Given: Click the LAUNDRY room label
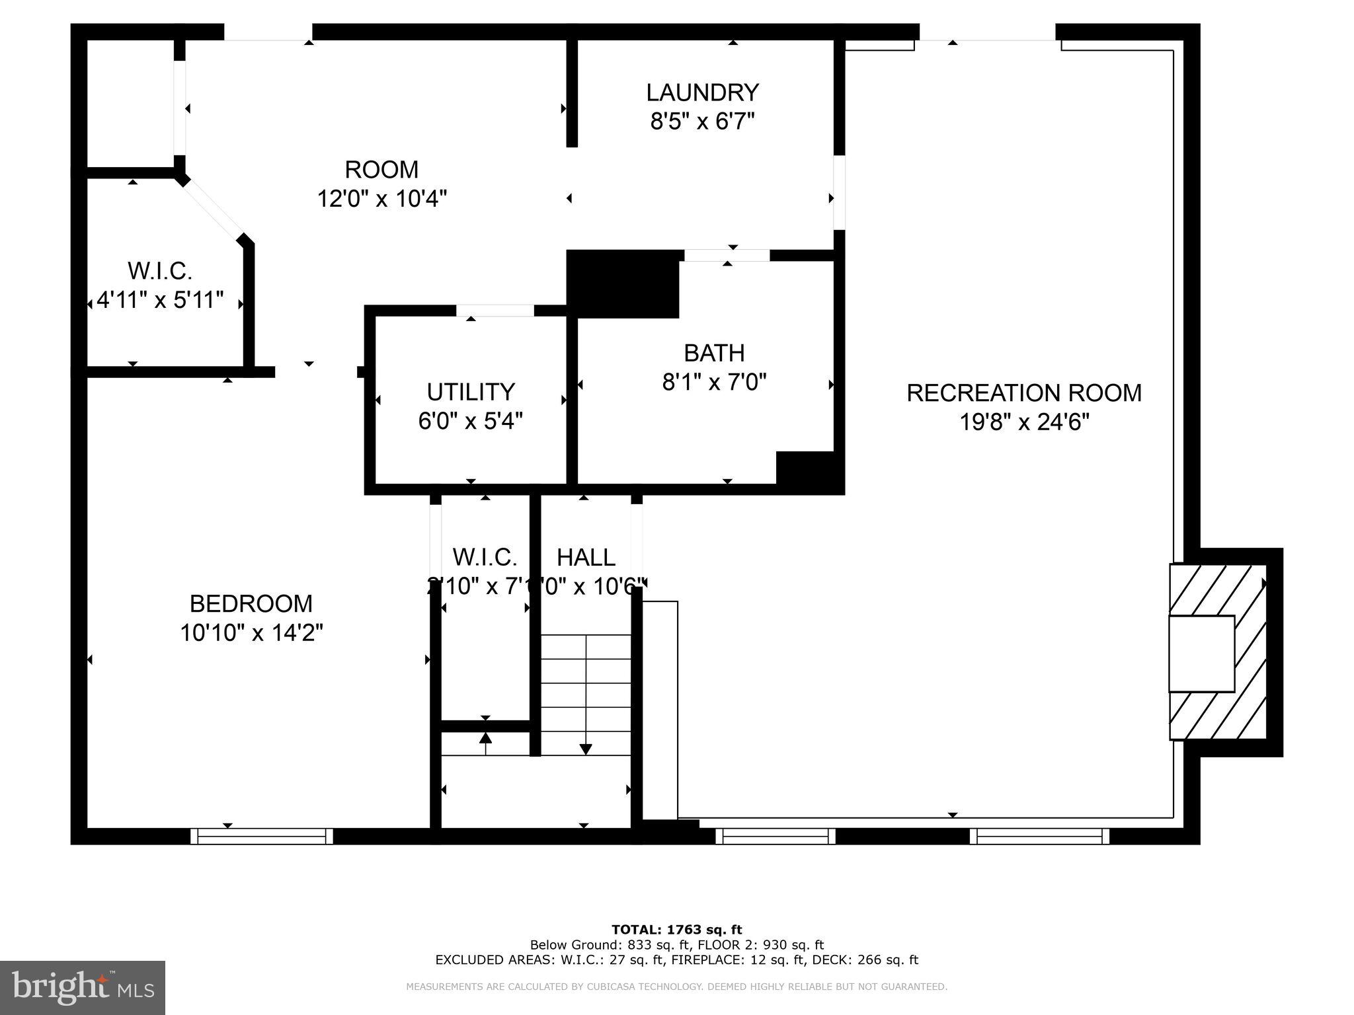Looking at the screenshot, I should tap(702, 93).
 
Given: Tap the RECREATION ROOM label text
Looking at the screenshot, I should tap(1023, 393).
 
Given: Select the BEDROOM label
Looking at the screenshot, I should tap(251, 603).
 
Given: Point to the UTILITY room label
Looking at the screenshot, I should tap(470, 392).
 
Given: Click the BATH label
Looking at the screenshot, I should tap(714, 353).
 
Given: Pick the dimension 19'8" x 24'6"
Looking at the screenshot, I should tap(1023, 422).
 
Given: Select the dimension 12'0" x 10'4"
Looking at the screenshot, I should tap(382, 198).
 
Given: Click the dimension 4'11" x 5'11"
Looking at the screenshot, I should tap(160, 300).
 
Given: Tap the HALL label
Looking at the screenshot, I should tap(586, 558).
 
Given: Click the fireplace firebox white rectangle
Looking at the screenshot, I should tap(1201, 654).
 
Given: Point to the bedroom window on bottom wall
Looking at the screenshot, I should tap(262, 837).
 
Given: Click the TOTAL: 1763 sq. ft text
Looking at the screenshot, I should tap(676, 930).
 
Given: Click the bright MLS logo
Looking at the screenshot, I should tap(83, 988).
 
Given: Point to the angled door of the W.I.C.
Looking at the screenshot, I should tap(213, 207).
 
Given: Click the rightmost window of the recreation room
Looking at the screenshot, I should tap(1039, 837).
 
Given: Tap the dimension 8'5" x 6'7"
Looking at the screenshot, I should tap(702, 122).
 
